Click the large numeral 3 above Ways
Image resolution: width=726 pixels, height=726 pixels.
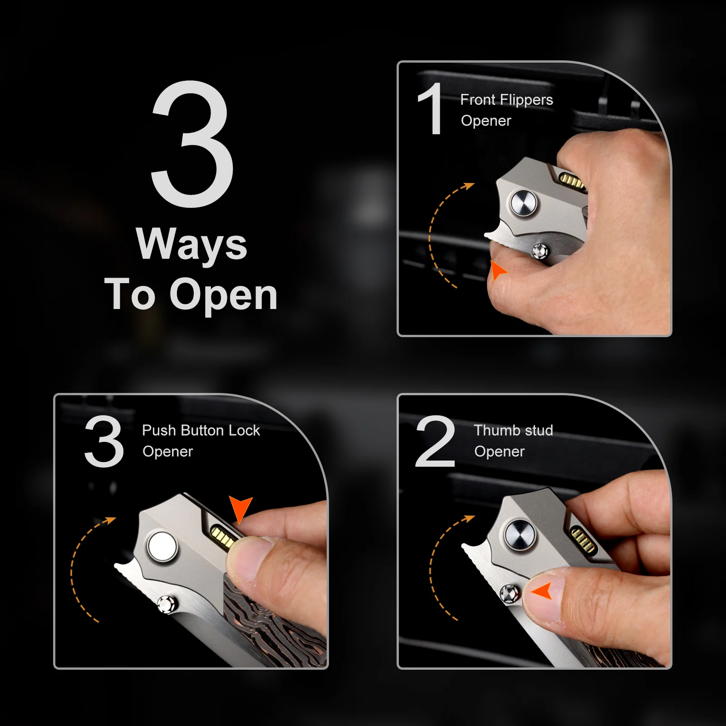tap(192, 144)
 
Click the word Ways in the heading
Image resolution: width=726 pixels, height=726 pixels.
tap(191, 245)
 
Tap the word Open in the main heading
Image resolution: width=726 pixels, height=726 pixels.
tap(223, 296)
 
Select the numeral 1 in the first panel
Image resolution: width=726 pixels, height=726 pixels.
tap(430, 109)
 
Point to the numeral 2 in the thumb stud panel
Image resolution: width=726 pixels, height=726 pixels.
tap(435, 441)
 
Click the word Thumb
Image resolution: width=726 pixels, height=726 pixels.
tap(495, 430)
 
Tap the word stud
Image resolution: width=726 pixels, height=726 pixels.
tap(537, 430)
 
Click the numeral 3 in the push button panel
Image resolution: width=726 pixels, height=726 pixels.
tap(104, 441)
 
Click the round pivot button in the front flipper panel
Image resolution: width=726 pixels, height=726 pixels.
tap(523, 203)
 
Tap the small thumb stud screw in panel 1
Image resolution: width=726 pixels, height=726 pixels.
tap(540, 251)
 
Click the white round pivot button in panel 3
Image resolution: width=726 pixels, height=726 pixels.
tap(162, 546)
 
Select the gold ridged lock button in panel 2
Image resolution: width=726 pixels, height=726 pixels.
tap(582, 540)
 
